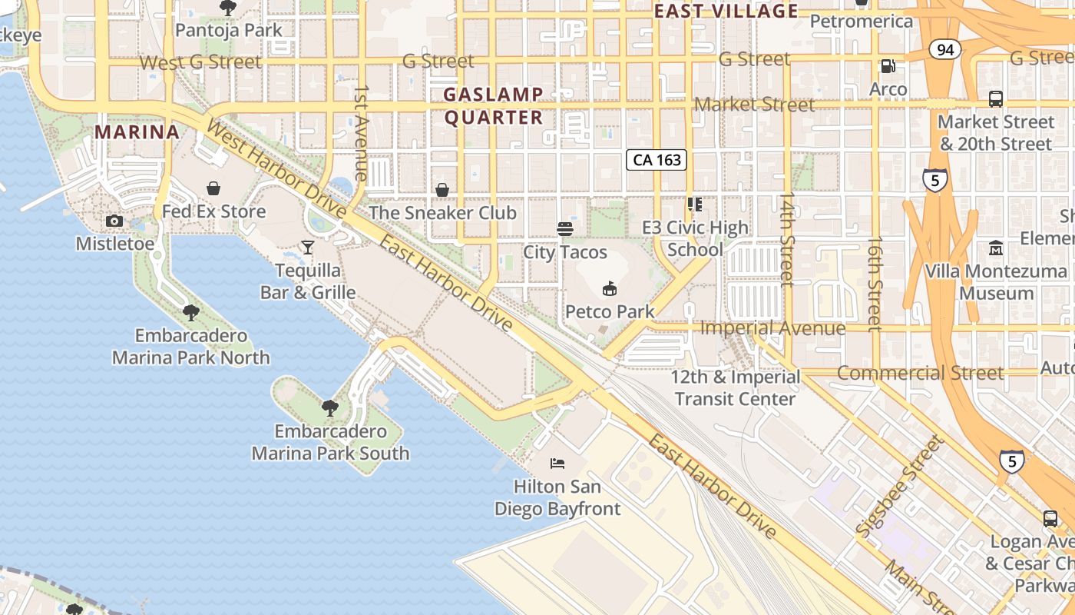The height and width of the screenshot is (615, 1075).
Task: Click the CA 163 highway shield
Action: pyautogui.click(x=657, y=160)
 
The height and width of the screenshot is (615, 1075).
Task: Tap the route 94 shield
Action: pyautogui.click(x=944, y=50)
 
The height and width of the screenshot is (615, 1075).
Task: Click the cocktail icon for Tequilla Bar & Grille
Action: pyautogui.click(x=308, y=247)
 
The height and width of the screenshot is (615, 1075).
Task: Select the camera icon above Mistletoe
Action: pyautogui.click(x=114, y=221)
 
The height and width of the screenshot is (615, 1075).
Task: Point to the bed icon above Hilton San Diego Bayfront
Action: pyautogui.click(x=557, y=463)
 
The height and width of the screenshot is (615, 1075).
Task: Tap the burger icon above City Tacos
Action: pyautogui.click(x=565, y=228)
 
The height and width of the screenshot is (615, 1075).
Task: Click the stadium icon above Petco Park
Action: pyautogui.click(x=610, y=288)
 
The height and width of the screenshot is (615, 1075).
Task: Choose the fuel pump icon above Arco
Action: pyautogui.click(x=888, y=67)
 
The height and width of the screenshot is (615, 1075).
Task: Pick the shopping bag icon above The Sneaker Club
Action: pyautogui.click(x=442, y=189)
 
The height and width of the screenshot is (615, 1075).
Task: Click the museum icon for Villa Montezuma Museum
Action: pyautogui.click(x=996, y=248)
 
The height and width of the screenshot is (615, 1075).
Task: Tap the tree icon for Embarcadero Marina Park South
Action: pyautogui.click(x=330, y=407)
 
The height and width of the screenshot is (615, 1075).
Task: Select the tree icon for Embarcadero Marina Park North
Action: pyautogui.click(x=190, y=312)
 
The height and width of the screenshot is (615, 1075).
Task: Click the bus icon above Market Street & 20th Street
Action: pyautogui.click(x=996, y=98)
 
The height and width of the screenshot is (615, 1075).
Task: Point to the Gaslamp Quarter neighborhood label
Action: pyautogui.click(x=494, y=106)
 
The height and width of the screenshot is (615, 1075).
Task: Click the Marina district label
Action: pyautogui.click(x=137, y=131)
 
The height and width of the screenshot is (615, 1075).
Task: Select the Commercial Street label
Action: pyautogui.click(x=920, y=374)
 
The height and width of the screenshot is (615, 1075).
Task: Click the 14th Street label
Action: pyautogui.click(x=786, y=239)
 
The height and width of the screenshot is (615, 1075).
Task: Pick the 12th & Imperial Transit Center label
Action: pyautogui.click(x=736, y=387)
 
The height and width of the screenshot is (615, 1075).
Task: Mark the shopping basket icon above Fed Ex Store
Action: pyautogui.click(x=213, y=188)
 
